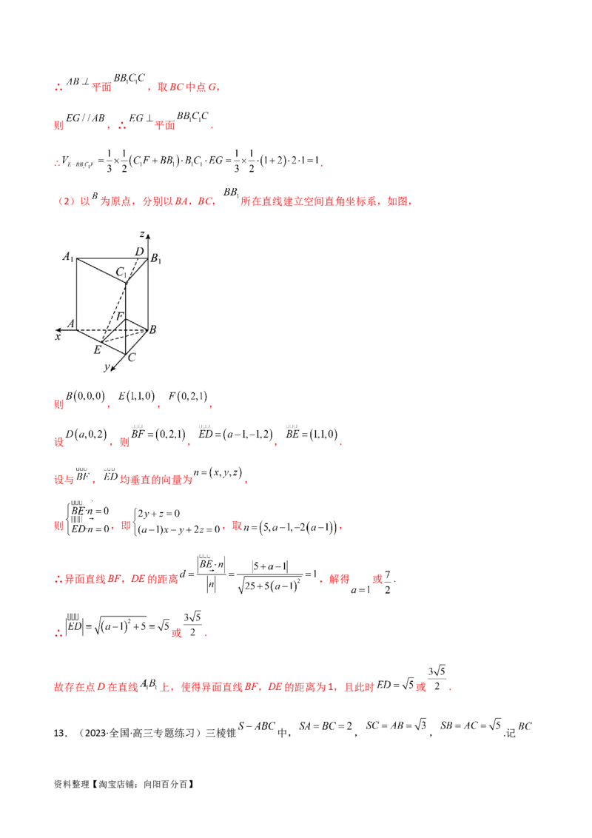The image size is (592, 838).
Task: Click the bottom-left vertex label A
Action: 70,324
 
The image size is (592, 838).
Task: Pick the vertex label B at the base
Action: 152,330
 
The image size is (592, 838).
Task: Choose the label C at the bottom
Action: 130,358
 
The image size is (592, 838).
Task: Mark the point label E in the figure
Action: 97,350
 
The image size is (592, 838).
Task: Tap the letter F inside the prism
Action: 119,317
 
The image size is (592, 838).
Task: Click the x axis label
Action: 57,337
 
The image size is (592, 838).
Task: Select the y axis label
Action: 107,367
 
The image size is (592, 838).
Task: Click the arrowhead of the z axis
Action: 148,235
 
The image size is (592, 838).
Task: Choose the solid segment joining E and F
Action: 113,331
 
